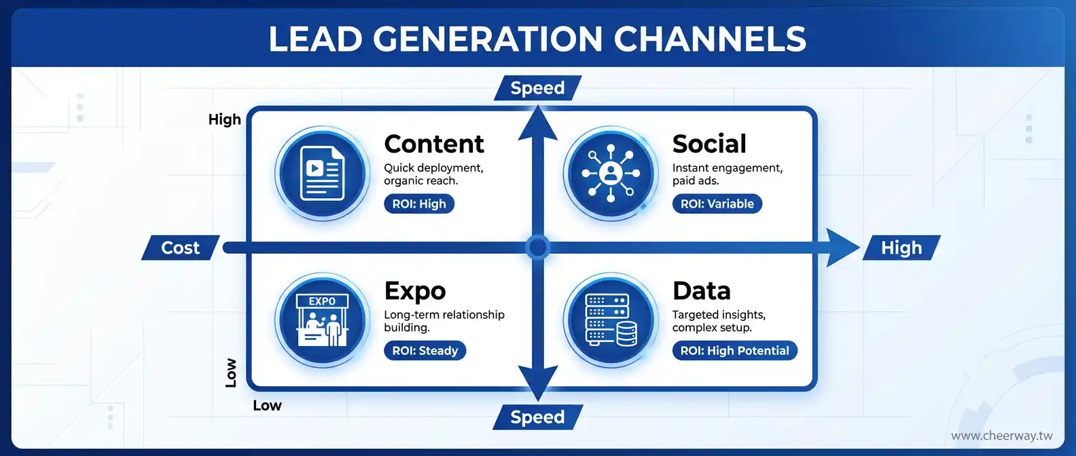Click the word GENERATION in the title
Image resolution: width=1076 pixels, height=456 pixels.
point(487,39)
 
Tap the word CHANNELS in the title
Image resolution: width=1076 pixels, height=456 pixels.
point(709,39)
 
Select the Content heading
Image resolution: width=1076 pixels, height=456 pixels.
point(434,144)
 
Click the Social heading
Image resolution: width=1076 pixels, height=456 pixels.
point(709,144)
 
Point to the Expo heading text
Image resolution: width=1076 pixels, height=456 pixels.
point(415,291)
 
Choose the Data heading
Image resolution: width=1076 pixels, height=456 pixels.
point(701,290)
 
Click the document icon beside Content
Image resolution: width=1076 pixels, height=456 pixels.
point(322,173)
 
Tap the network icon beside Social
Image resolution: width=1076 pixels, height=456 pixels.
point(611,173)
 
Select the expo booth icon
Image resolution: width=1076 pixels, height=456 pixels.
point(322,320)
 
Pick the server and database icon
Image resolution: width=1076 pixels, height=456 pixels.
point(611,320)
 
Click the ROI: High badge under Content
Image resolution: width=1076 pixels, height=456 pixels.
point(419,204)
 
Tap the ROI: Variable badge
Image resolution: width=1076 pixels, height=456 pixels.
point(717,204)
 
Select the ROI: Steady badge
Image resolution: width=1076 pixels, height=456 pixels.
point(425,350)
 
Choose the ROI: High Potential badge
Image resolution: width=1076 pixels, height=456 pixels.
point(735,350)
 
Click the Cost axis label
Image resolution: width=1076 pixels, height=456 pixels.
point(180,248)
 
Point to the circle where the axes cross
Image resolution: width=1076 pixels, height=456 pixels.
point(537,248)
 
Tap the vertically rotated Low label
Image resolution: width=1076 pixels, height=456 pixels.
point(231,373)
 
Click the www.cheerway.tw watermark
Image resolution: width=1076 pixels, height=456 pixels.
point(1001,436)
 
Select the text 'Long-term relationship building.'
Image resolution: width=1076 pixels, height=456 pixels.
point(444,321)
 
